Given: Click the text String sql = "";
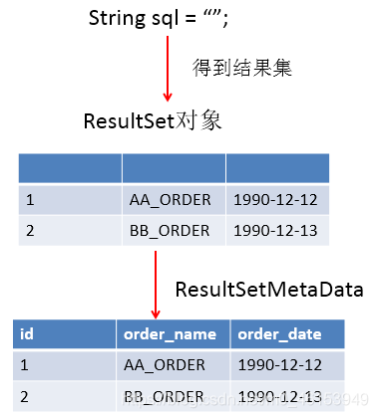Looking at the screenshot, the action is (166, 19).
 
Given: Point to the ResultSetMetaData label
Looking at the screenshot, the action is (268, 291).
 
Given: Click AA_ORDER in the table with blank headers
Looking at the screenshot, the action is (171, 200).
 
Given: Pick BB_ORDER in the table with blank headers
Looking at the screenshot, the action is (171, 231).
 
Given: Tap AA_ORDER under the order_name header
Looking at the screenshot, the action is (165, 365).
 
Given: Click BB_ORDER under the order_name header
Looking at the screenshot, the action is (165, 397).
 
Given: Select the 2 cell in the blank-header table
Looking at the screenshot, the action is (31, 231).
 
